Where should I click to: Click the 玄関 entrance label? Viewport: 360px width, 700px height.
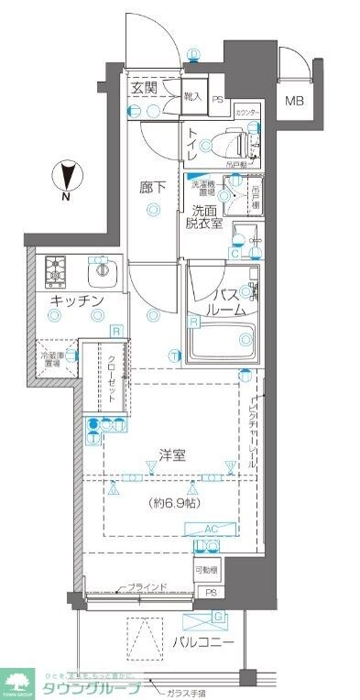(x=142, y=89)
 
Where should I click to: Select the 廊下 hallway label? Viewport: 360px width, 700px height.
(x=153, y=187)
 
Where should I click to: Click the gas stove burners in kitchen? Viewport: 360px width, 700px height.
(x=58, y=270)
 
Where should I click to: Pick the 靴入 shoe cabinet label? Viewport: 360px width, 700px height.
(x=193, y=94)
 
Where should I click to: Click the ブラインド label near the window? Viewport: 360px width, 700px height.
(x=147, y=587)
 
